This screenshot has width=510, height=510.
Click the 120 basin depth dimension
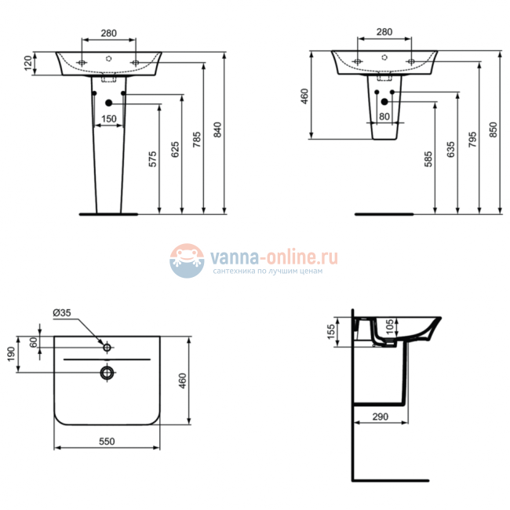[x=28, y=64]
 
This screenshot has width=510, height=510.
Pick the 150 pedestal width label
[x=109, y=118]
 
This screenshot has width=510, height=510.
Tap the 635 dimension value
[x=450, y=149]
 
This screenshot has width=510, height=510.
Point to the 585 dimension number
[x=428, y=158]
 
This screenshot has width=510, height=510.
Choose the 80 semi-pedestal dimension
[x=384, y=117]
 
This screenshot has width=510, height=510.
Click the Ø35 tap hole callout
[x=62, y=314]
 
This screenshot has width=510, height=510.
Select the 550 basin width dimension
[x=107, y=441]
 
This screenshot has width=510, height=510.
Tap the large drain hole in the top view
[x=107, y=371]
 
